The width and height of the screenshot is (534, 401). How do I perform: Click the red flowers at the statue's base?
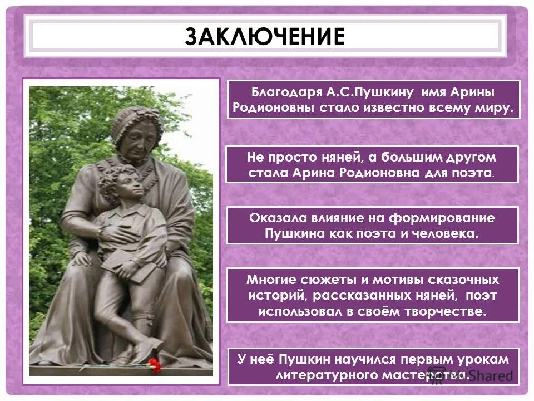pos(154,365)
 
